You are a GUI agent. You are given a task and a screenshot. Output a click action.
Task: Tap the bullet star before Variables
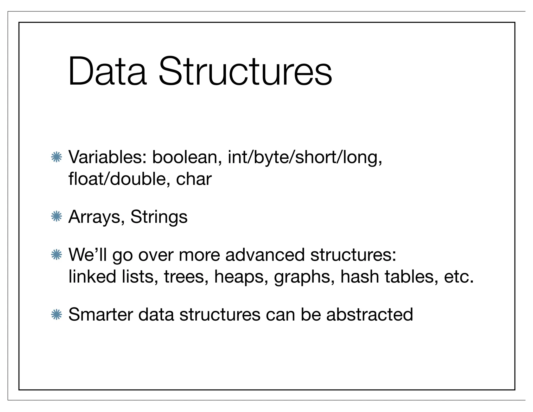tap(56, 157)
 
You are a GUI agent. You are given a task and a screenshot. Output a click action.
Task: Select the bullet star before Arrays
tap(56, 217)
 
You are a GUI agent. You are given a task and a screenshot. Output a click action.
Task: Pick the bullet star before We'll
tap(56, 255)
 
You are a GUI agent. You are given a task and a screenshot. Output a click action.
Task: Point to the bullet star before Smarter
tap(56, 315)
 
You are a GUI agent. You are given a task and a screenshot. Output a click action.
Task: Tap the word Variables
tap(107, 157)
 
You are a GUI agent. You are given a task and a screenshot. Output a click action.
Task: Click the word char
tap(194, 179)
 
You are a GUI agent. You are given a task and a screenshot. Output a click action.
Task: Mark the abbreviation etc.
tap(458, 277)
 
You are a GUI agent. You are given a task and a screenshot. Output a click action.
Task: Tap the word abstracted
tap(369, 315)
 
